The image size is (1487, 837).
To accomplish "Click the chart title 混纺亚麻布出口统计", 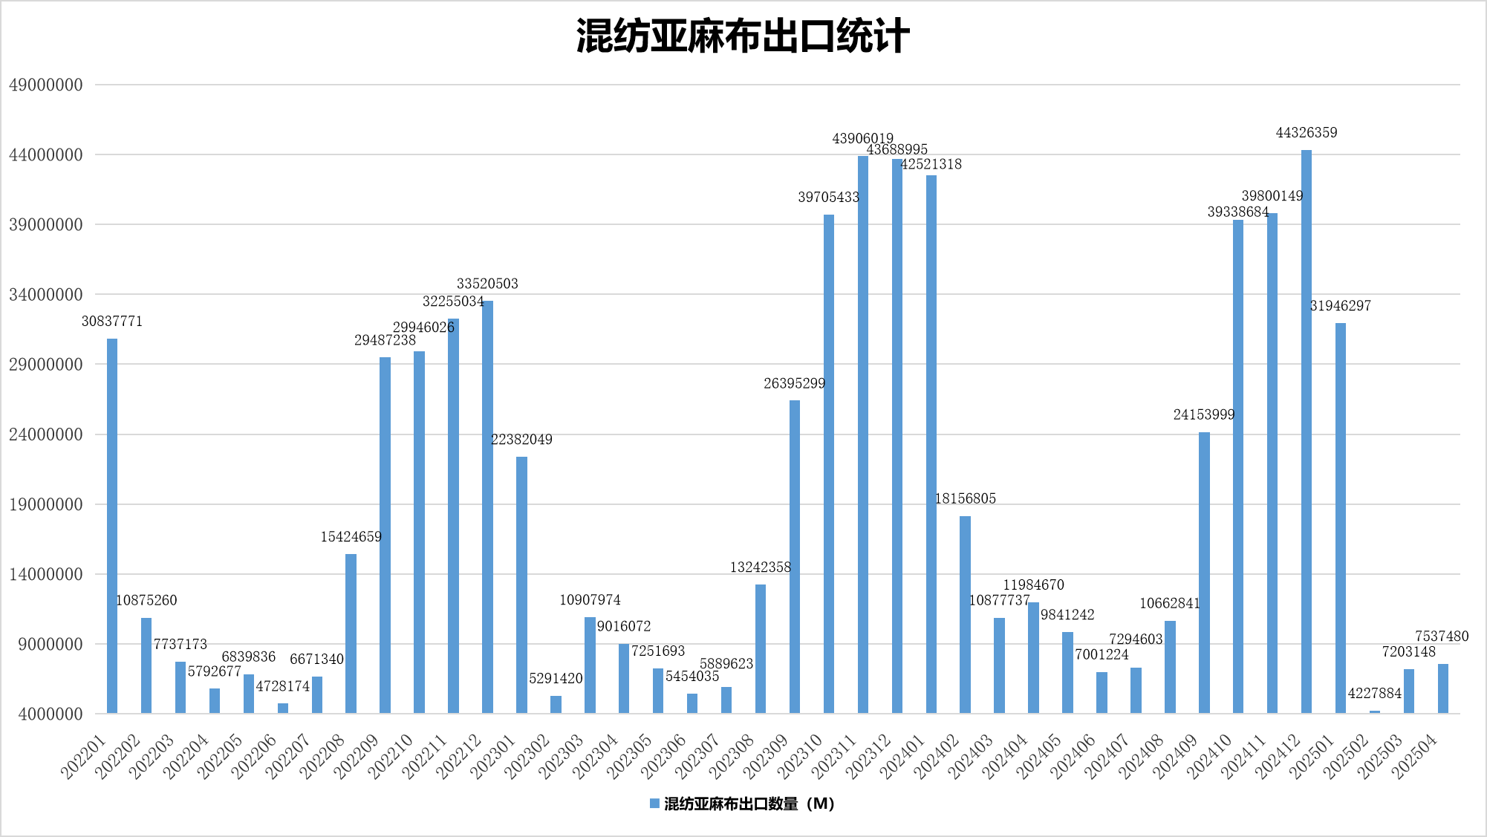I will click(x=743, y=36).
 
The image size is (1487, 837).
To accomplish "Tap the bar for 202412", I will click(x=1307, y=431).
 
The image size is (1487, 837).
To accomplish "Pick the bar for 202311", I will click(x=863, y=434).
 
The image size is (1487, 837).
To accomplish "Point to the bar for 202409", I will click(x=1204, y=573).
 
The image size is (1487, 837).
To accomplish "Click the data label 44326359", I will click(x=1307, y=133).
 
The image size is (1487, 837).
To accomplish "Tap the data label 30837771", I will click(x=112, y=322).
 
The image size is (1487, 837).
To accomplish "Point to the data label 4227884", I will click(x=1375, y=694).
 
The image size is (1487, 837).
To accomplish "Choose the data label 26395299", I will click(x=795, y=384).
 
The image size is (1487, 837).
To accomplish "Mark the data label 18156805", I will click(x=966, y=499).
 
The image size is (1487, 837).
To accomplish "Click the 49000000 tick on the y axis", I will click(x=46, y=85).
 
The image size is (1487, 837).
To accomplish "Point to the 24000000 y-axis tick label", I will click(x=46, y=434).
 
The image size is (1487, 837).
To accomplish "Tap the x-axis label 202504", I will click(x=1415, y=756).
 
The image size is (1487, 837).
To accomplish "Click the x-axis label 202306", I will click(x=665, y=756).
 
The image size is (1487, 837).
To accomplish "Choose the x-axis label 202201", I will click(x=84, y=756).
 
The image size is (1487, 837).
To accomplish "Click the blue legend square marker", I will click(x=654, y=804).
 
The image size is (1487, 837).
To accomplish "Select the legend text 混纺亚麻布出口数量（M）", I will click(x=749, y=804).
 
